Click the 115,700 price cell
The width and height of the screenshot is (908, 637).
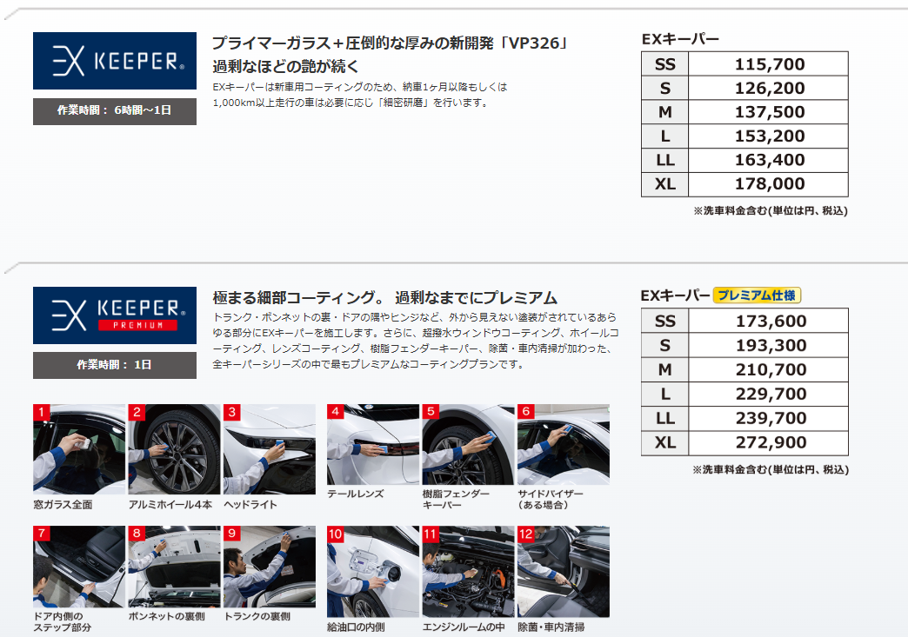(769, 64)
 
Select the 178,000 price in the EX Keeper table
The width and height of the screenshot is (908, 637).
(769, 184)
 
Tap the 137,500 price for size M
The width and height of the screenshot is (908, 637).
(769, 112)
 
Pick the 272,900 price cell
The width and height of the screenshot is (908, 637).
(771, 442)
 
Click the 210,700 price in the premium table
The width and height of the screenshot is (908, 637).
(771, 369)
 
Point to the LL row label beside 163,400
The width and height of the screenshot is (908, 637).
(664, 160)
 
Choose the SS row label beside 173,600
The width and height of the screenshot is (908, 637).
(664, 321)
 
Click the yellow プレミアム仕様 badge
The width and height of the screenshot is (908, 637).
(757, 295)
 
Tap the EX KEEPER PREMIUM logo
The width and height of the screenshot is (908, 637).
(115, 315)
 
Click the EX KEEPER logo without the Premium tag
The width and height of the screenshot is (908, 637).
(115, 61)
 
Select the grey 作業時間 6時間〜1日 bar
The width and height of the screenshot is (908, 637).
(115, 111)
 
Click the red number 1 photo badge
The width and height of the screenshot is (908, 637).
(41, 412)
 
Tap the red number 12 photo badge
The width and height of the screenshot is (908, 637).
(525, 534)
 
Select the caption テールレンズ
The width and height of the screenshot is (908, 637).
(356, 494)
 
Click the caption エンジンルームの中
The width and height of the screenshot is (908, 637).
(464, 627)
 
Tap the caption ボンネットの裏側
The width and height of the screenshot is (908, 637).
(167, 617)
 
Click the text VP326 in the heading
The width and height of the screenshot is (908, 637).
(534, 43)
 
